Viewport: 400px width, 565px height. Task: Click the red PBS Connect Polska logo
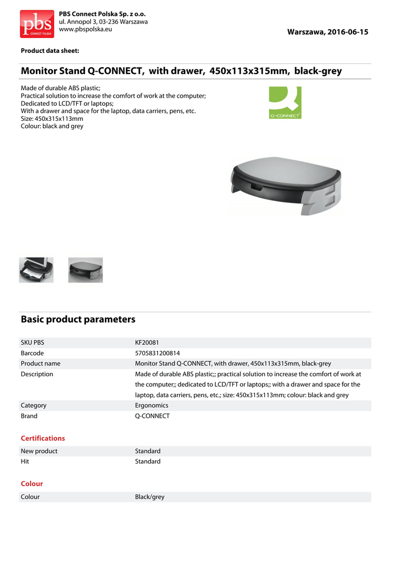[37, 24]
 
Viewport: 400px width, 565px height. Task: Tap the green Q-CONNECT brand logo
[285, 102]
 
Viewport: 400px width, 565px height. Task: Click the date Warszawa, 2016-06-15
[327, 32]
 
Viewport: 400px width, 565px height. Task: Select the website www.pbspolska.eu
[86, 29]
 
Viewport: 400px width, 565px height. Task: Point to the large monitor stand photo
[286, 188]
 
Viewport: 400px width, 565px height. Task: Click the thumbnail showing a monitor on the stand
[36, 270]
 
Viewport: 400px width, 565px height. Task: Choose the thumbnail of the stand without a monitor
[86, 270]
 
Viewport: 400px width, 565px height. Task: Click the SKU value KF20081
[147, 343]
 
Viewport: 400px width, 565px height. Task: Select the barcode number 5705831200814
[157, 353]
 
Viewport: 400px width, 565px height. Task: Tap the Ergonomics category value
[152, 406]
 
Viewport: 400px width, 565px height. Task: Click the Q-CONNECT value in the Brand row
[152, 416]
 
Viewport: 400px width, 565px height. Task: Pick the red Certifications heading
[43, 439]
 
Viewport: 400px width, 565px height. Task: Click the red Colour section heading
[32, 484]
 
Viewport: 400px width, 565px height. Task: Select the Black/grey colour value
[150, 497]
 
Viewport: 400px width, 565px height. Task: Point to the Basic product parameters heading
[78, 319]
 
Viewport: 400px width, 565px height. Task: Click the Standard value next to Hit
[148, 462]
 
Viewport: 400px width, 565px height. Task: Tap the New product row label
[39, 451]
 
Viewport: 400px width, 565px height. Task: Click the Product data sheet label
[50, 51]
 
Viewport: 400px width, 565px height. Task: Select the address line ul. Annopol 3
[103, 22]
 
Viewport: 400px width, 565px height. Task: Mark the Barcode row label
[32, 353]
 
